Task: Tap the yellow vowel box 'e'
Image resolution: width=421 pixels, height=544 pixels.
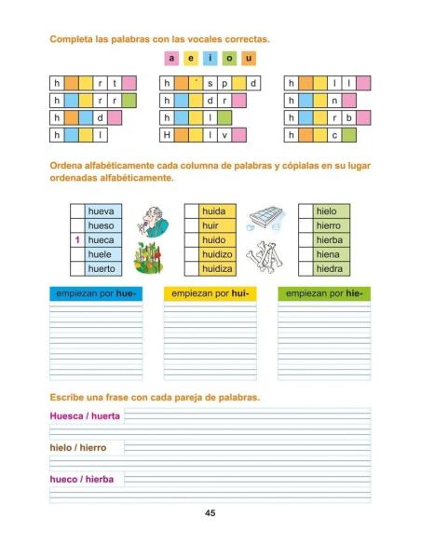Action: tap(190, 58)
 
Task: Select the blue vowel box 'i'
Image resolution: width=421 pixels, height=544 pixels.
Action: tap(210, 58)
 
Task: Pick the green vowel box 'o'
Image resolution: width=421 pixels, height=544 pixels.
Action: tap(229, 58)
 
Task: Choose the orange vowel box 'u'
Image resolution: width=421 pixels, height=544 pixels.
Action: tap(249, 58)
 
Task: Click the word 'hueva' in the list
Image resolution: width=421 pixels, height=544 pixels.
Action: tap(101, 211)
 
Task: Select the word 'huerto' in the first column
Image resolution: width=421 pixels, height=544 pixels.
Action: tap(102, 268)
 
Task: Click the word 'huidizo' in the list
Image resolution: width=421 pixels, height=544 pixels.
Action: tap(218, 254)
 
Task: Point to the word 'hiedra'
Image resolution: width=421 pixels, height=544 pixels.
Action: tap(330, 268)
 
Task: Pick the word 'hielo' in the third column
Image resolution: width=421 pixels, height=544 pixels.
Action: tap(327, 211)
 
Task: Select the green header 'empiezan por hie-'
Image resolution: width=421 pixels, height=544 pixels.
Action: tap(323, 293)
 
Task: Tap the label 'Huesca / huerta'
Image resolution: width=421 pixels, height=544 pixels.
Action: tap(85, 416)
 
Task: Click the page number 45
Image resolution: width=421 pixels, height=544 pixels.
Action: tap(210, 513)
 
